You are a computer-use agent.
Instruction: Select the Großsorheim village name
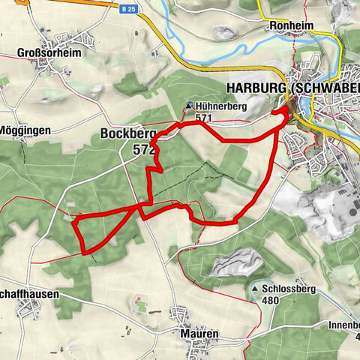coord(48,54)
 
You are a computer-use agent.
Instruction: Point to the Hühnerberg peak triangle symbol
coord(189,106)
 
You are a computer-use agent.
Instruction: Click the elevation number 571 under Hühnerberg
coord(203,118)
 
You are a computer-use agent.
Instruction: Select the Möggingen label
coord(24,130)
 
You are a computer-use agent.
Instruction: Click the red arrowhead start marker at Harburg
coord(286,110)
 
